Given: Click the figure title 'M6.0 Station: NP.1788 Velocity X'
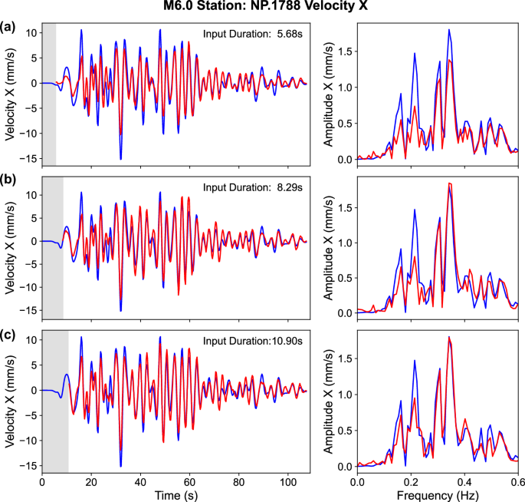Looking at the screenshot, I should click(262, 8).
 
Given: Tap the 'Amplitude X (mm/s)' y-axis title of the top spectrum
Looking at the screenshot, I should click(328, 94).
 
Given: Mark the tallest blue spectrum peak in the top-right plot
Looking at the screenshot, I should click(450, 30).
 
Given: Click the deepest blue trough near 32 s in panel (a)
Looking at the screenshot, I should click(120, 158).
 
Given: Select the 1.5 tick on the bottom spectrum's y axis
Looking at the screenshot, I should click(345, 357).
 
